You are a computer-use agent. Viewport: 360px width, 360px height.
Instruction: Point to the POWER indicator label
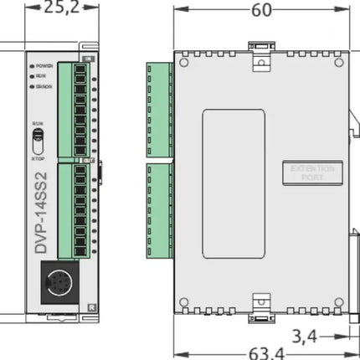[x=45, y=65]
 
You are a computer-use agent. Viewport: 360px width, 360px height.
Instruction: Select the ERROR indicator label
[x=44, y=85]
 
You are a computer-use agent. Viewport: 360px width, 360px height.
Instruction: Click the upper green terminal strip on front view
[x=74, y=107]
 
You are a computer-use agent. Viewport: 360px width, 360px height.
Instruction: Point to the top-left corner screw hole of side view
[x=185, y=62]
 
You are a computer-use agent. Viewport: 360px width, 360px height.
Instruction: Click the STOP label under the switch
[x=38, y=154]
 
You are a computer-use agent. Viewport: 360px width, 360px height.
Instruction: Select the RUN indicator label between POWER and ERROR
[x=41, y=75]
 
